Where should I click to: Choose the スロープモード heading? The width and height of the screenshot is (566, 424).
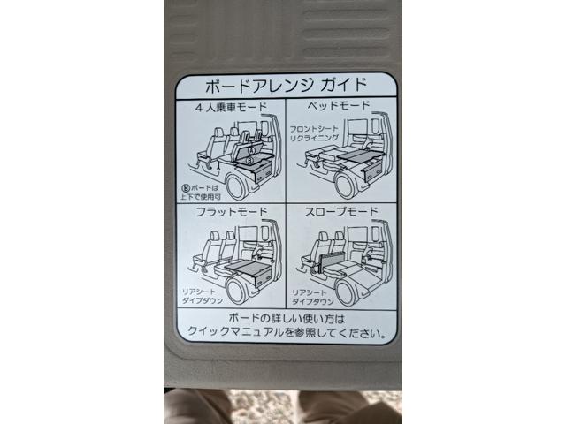[340, 213]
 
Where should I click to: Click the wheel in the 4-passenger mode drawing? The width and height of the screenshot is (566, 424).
[241, 186]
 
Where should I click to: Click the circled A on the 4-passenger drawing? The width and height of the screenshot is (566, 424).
[250, 150]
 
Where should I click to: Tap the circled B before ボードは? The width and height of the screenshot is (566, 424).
[186, 187]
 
